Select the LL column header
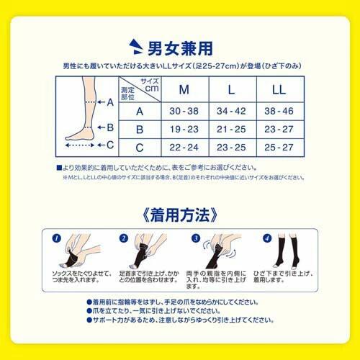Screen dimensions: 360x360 pyautogui.click(x=278, y=91)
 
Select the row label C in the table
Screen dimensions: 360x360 pyautogui.click(x=140, y=146)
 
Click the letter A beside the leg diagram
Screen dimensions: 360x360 pyautogui.click(x=110, y=102)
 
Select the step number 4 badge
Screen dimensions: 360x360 pyautogui.click(x=266, y=236)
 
